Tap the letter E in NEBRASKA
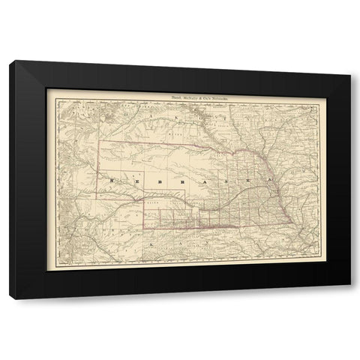coord(133,181)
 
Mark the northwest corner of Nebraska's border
coord(100,140)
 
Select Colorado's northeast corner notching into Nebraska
coord(144,200)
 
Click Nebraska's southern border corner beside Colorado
coord(144,226)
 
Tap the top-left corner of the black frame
coord(9,60)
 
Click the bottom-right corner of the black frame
coord(350,299)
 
